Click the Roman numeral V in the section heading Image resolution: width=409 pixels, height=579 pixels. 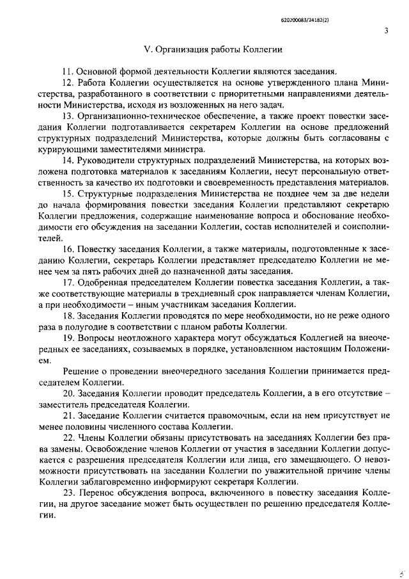point(148,48)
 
